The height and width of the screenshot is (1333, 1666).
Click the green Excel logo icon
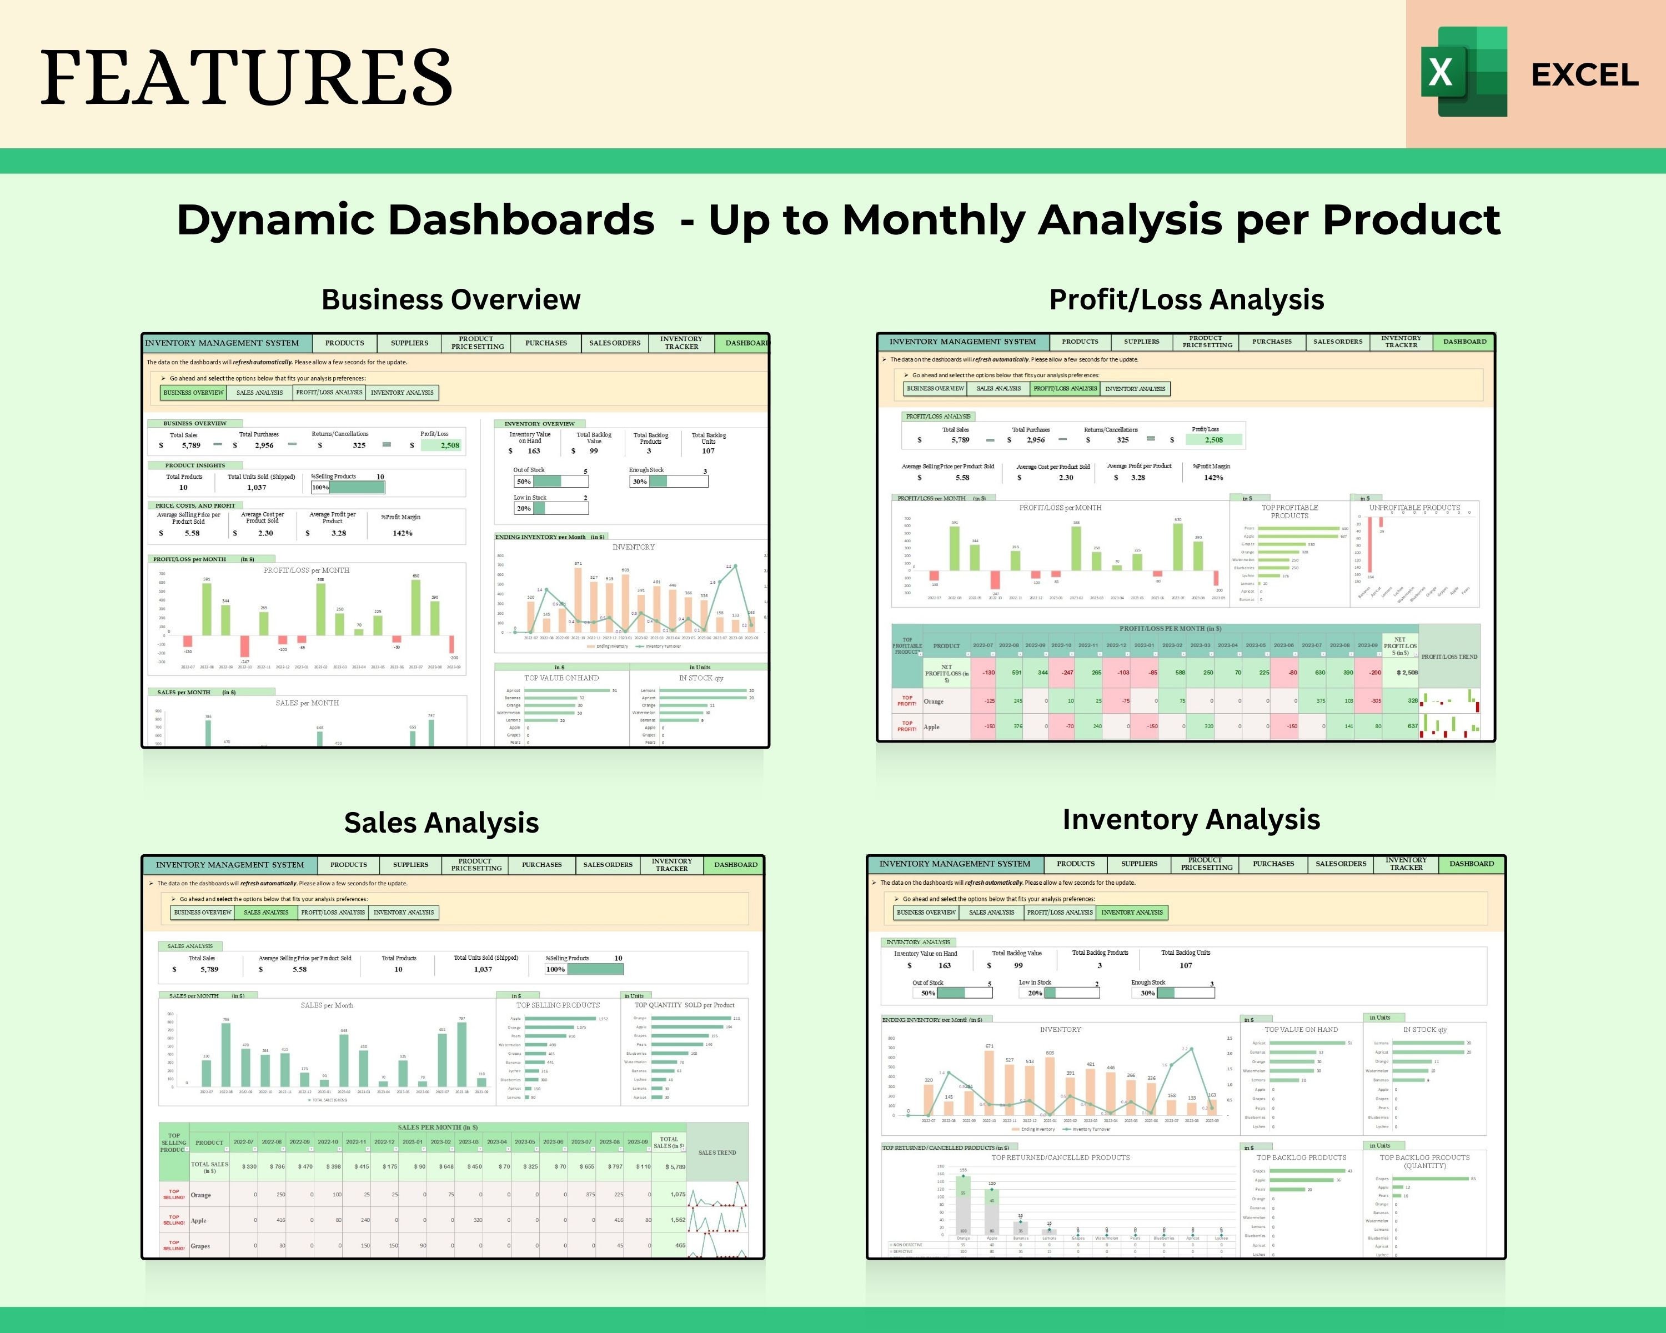tap(1463, 72)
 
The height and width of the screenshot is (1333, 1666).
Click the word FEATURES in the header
tap(245, 77)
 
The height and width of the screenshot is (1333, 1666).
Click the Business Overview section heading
tap(450, 299)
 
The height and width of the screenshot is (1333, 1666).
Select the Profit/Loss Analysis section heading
tap(1186, 299)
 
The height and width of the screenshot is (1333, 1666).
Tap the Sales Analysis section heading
tap(441, 822)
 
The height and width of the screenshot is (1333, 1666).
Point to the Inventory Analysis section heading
tap(1191, 819)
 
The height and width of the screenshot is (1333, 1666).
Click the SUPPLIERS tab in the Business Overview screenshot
tap(409, 343)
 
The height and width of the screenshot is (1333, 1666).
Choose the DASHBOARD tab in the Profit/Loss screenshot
tap(1464, 342)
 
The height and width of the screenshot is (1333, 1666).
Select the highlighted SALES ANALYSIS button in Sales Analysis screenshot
tap(266, 913)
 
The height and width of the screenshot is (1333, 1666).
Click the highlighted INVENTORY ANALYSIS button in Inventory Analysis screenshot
tap(1131, 913)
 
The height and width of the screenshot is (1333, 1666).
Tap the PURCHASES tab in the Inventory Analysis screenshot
tap(1273, 864)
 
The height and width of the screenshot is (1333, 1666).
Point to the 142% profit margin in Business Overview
tap(402, 533)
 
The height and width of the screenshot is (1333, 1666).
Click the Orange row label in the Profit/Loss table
tap(934, 701)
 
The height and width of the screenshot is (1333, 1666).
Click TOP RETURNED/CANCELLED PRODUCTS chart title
tap(1060, 1157)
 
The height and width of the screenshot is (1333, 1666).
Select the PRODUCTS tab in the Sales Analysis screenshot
tap(349, 865)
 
